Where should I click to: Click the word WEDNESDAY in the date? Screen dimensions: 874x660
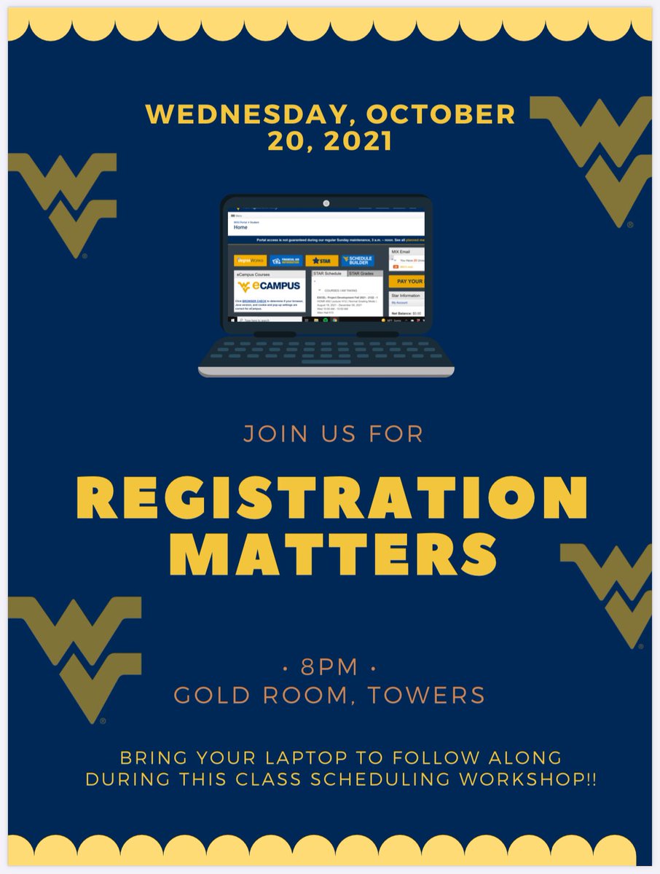click(251, 114)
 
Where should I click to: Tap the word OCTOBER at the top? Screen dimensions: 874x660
click(441, 114)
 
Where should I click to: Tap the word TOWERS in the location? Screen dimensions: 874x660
click(426, 695)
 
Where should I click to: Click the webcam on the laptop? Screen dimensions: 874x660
click(326, 203)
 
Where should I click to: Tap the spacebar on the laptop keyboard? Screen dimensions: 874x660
click(326, 361)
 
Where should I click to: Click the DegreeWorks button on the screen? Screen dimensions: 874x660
click(250, 261)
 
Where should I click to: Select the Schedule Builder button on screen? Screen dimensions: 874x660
click(357, 261)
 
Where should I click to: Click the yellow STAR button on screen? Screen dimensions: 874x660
click(322, 261)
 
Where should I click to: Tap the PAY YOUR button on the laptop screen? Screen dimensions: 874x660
click(406, 281)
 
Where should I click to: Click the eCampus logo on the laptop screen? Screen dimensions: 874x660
click(270, 287)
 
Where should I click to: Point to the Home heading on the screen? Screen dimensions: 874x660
click(241, 227)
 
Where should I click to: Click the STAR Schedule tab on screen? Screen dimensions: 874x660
click(327, 274)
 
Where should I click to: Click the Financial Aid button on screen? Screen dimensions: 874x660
click(286, 261)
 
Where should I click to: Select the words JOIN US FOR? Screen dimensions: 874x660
click(333, 434)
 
